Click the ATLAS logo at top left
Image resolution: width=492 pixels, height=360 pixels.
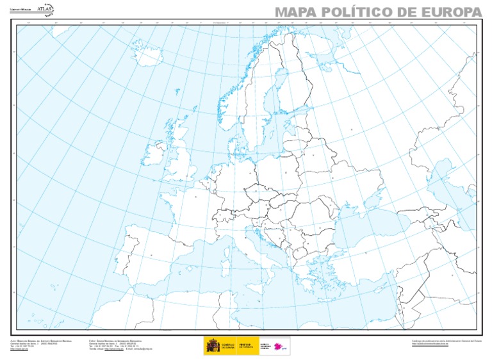pos(45,9)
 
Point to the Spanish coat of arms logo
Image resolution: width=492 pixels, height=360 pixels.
pos(212,346)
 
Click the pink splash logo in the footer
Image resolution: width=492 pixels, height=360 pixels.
pos(279,347)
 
